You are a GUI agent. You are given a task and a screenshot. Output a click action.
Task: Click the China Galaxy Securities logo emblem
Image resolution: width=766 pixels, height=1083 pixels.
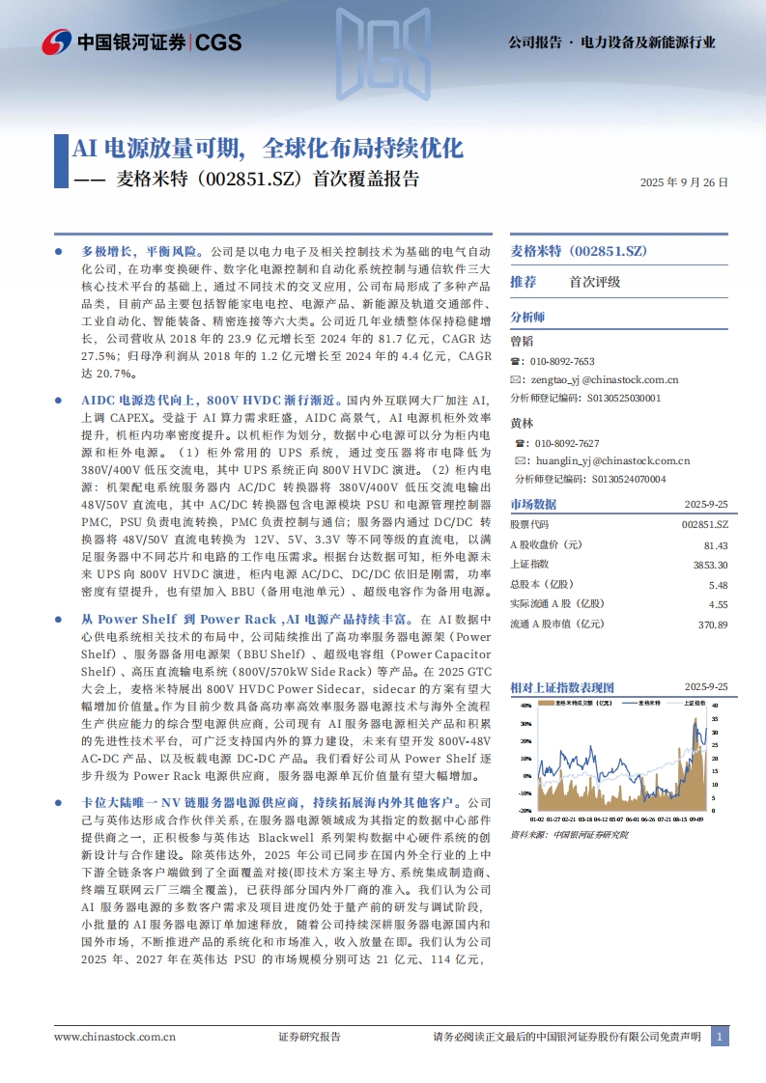tap(57, 42)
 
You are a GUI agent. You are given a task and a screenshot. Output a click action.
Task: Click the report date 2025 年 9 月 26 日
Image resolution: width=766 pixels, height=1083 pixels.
tap(684, 181)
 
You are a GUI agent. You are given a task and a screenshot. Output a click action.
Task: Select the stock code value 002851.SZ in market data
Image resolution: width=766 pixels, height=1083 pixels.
tap(704, 525)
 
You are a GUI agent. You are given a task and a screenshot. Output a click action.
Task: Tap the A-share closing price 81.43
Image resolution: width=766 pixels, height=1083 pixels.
tap(716, 545)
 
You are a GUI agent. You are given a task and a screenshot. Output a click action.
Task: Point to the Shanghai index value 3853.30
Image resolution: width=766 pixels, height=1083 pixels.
tap(710, 565)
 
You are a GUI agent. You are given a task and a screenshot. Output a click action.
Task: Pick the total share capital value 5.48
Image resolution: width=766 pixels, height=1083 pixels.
tap(718, 585)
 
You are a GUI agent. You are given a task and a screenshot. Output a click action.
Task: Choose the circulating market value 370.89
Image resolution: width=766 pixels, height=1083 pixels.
tap(712, 625)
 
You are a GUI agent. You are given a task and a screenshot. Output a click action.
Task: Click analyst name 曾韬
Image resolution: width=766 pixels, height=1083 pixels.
tap(521, 340)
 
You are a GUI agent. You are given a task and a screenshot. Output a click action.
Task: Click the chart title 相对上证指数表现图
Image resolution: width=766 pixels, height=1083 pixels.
tap(562, 687)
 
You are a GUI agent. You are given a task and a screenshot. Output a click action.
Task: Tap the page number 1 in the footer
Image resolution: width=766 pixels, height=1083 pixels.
tap(719, 1037)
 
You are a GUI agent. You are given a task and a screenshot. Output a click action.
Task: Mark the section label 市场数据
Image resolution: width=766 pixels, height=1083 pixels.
tap(533, 504)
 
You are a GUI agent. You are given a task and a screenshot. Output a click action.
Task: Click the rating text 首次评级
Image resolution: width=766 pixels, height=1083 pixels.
tap(595, 282)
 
